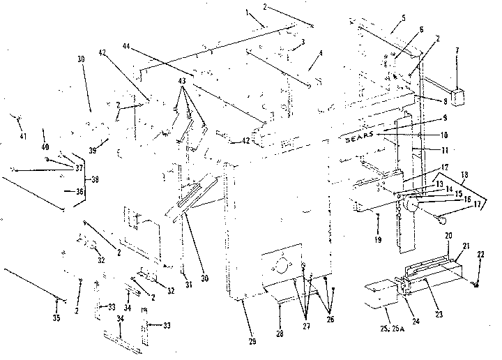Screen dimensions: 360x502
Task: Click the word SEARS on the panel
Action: [363, 137]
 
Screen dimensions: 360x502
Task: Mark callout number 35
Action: [57, 318]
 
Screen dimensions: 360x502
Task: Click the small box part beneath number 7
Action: [458, 95]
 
